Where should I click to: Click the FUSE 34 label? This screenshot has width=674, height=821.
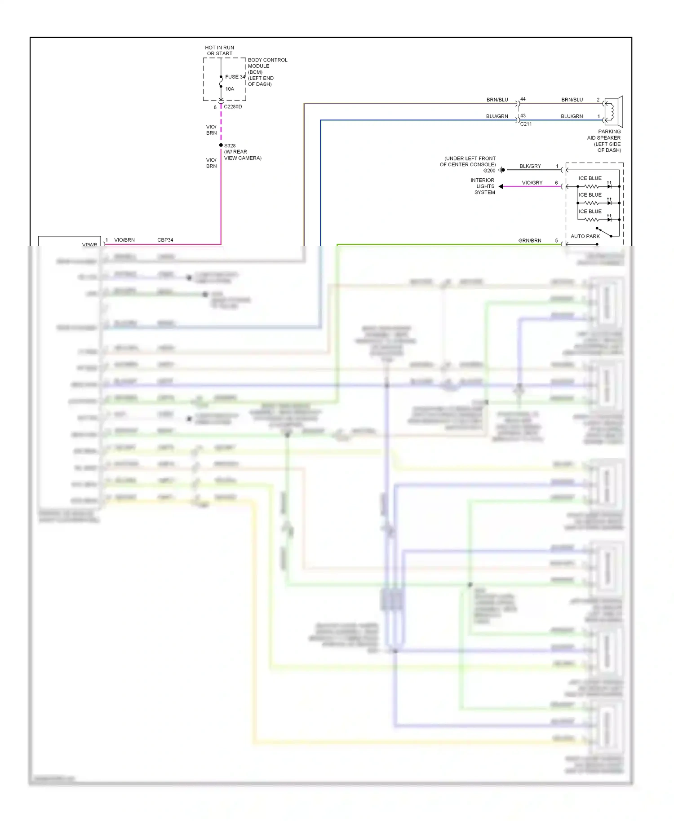(235, 77)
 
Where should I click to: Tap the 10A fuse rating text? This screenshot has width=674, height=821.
(230, 89)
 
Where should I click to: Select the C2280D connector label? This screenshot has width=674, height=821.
(233, 107)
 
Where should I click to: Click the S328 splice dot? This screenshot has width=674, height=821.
(221, 145)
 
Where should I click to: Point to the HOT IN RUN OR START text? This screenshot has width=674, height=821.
(219, 50)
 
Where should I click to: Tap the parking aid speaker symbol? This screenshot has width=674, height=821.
(613, 111)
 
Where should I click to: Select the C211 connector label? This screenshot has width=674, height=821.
(526, 124)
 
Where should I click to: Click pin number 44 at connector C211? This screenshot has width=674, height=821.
(523, 99)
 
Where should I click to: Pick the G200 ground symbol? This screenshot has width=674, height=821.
(501, 170)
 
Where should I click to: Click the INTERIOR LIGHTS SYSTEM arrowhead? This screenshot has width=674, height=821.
(501, 186)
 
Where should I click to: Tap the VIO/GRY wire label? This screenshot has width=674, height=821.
(532, 183)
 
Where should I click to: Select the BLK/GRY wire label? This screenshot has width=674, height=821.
(530, 166)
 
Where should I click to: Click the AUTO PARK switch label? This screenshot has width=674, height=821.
(585, 236)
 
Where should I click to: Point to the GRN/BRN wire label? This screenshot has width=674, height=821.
(530, 241)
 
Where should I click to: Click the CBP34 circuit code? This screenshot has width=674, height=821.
(165, 240)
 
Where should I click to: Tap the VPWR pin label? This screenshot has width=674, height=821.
(89, 245)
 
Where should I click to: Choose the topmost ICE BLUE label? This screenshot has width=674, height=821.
(590, 178)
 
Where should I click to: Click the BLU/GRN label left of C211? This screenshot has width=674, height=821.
(497, 116)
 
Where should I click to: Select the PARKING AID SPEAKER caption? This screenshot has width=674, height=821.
(604, 141)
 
